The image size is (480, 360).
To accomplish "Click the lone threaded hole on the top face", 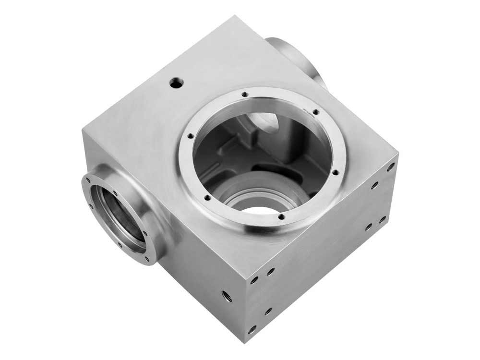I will (x=176, y=84).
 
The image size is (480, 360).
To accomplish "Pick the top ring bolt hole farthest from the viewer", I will (x=245, y=95).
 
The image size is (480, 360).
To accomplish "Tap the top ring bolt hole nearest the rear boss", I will (x=316, y=112).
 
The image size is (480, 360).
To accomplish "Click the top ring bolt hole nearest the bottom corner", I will (x=281, y=217).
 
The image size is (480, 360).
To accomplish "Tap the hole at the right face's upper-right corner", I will (x=391, y=167).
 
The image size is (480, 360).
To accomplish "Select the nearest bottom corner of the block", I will (x=245, y=342).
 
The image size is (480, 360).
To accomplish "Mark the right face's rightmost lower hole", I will (x=382, y=220).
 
